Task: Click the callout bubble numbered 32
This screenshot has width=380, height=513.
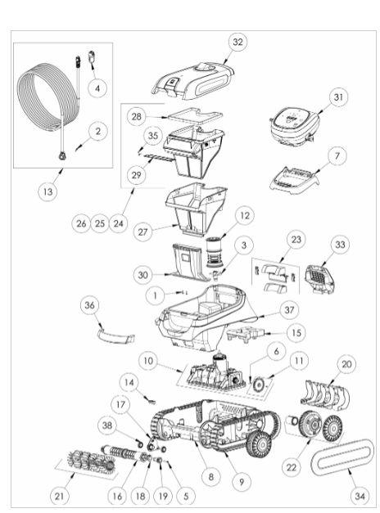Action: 237,42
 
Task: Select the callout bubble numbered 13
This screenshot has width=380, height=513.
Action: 47,191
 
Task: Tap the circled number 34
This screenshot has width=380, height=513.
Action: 360,496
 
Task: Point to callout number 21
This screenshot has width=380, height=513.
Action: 59,496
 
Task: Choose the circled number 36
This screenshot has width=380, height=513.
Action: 89,305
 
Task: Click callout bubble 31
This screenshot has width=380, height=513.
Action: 338,97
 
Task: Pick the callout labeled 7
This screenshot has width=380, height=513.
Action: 337,155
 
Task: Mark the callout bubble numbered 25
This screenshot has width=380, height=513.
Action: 100,223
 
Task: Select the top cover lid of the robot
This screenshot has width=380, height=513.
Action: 193,80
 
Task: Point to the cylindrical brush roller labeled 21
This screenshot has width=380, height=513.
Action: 91,461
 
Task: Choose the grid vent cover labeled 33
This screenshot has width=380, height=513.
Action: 319,279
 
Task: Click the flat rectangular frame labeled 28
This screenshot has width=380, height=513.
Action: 195,115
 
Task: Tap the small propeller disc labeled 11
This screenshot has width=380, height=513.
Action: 260,385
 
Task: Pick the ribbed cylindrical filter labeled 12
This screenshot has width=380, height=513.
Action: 215,252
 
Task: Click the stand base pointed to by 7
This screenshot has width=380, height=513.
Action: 294,178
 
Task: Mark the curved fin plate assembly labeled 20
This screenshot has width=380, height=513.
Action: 324,394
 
